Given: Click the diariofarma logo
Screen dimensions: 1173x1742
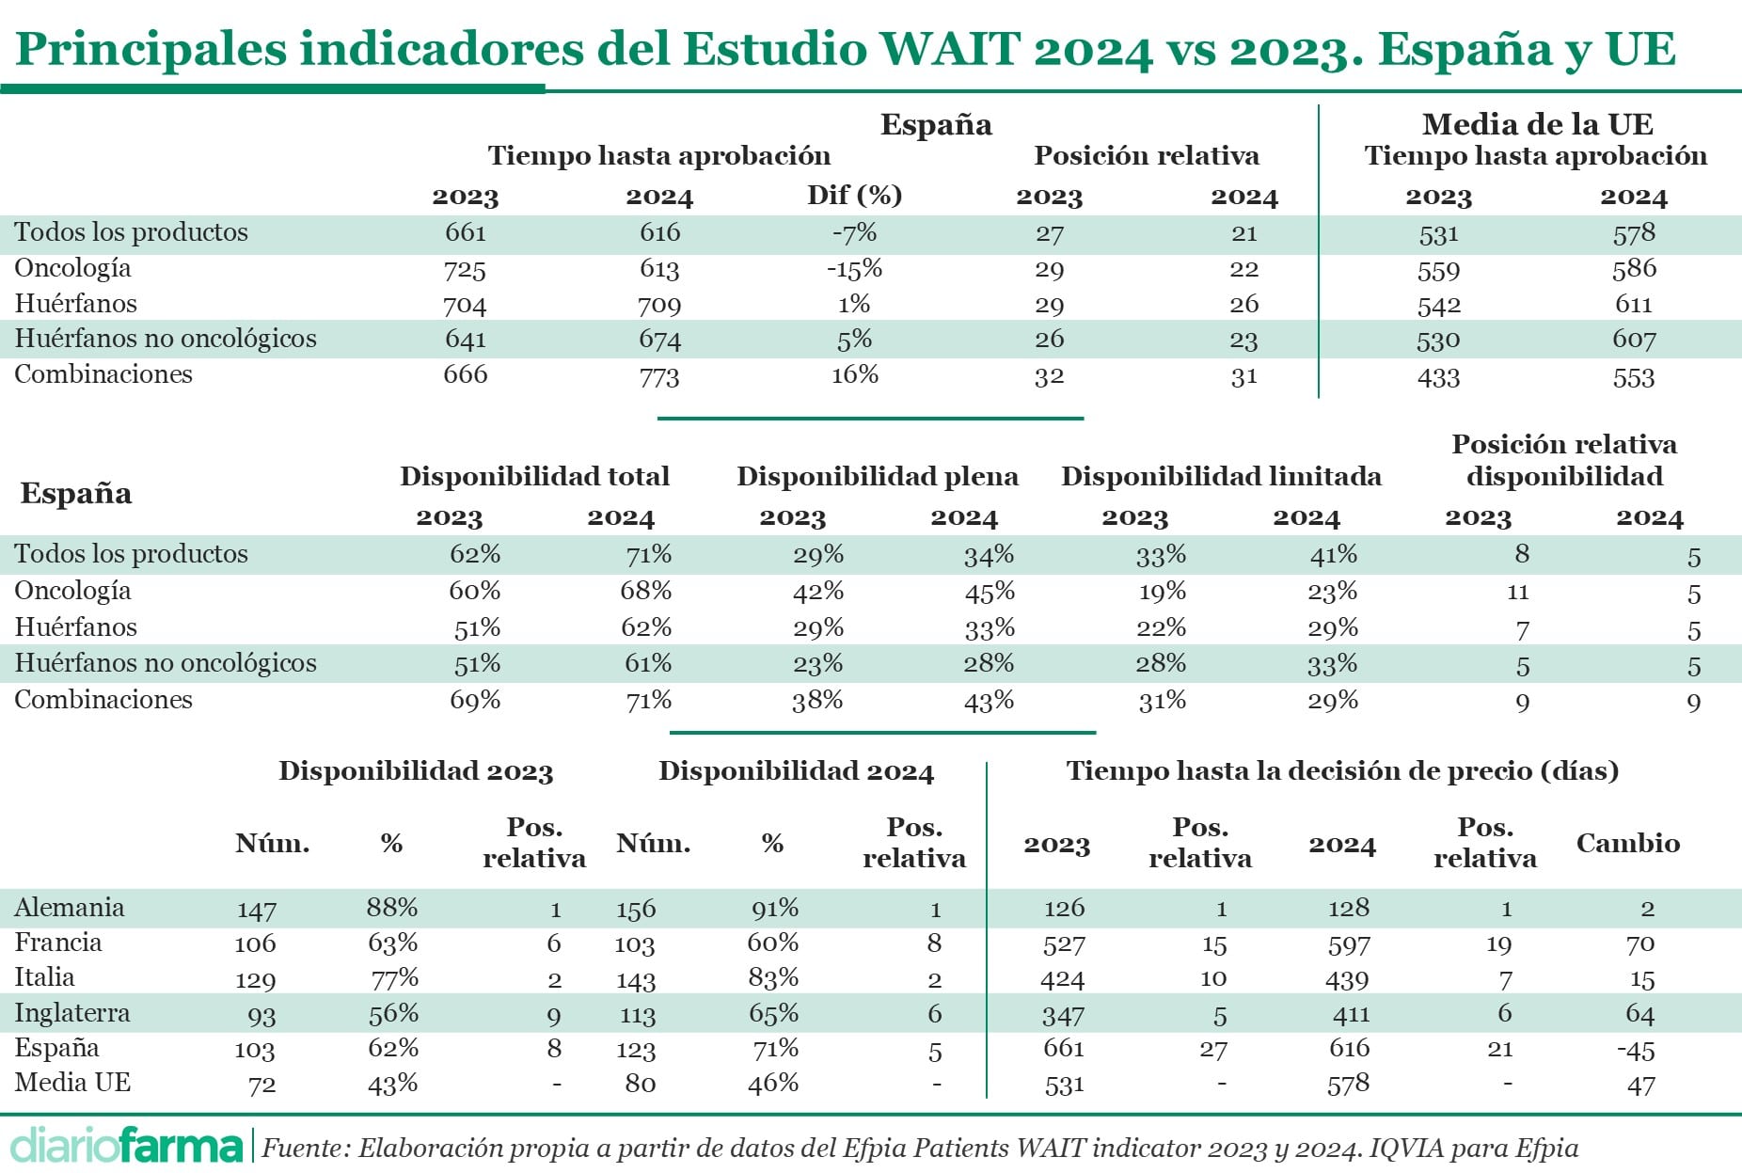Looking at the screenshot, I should tap(126, 1146).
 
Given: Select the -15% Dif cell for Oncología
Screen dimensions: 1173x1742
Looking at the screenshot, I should tap(854, 269).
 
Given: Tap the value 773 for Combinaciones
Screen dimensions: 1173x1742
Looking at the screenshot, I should tap(658, 377).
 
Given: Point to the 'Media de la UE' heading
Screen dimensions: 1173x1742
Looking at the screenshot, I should tap(1537, 124).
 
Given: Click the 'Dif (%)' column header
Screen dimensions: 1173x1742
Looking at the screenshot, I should tap(854, 195).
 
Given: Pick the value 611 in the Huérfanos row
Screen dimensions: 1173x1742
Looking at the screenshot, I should tap(1633, 305).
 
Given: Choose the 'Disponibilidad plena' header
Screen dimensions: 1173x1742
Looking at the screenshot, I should tap(877, 476).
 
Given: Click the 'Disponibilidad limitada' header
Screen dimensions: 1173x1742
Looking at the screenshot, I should tap(1221, 476).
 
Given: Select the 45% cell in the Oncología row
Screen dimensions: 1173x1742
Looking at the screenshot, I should tap(989, 592).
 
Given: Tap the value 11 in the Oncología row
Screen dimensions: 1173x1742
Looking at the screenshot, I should tap(1517, 592).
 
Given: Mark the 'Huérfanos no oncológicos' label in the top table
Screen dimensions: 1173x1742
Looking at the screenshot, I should tap(166, 339).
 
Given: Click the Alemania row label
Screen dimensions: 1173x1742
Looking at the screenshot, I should tap(70, 908).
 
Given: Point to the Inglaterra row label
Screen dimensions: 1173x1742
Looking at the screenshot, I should tap(72, 1013).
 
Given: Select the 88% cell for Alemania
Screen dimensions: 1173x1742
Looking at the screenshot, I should tap(392, 908).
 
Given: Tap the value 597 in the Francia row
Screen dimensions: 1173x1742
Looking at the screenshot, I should tap(1349, 944).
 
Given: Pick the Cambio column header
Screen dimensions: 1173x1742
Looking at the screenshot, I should tap(1627, 843).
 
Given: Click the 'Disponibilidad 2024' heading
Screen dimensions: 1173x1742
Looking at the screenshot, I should tap(796, 771).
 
